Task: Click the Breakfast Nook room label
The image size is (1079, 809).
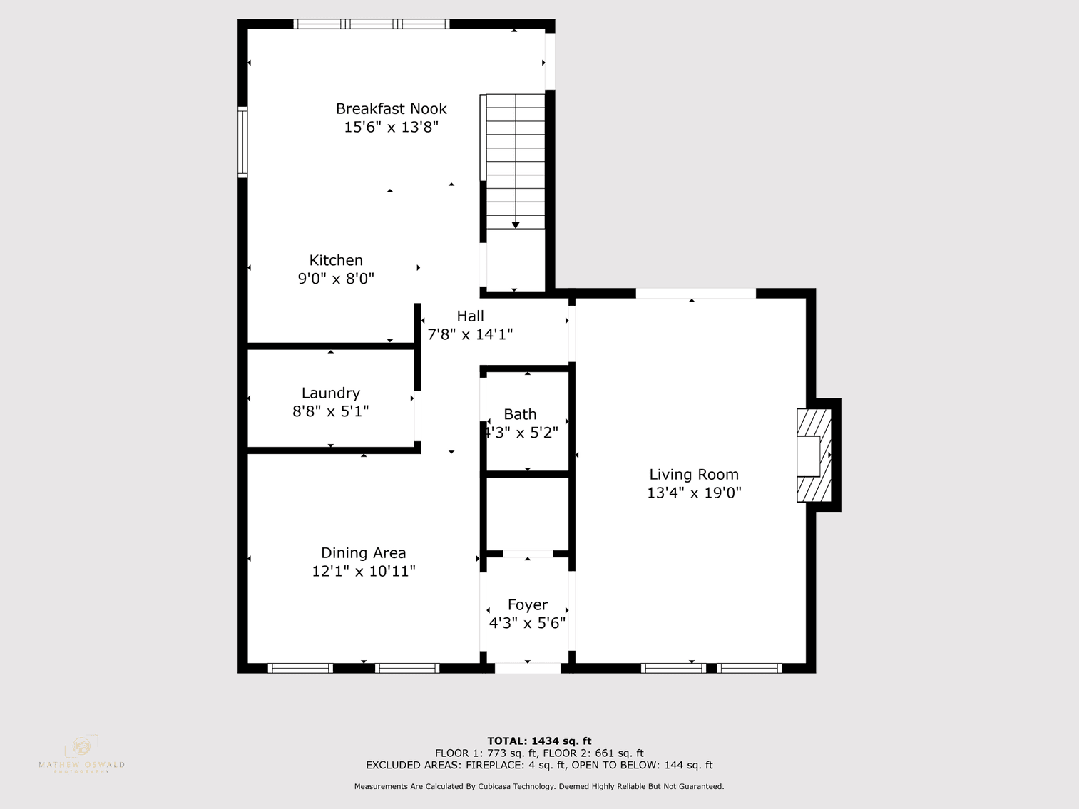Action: coord(391,109)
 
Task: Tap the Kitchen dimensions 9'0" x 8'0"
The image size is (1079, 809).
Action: coord(336,279)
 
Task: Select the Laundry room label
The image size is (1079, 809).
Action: coord(330,393)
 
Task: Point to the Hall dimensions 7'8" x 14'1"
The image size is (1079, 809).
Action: coord(470,334)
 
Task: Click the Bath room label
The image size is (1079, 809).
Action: coord(520,414)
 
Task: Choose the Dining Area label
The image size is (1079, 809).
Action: coord(363,552)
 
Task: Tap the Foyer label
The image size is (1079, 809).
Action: coord(527,604)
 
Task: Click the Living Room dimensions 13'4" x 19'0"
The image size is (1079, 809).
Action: coord(694,493)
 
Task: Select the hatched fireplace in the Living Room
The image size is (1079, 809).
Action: coord(814,455)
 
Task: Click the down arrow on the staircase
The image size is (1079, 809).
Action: coord(516,225)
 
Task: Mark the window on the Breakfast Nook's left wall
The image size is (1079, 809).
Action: coord(242,141)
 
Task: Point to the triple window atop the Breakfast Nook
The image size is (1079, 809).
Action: coord(371,24)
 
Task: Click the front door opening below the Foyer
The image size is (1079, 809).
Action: coord(528,668)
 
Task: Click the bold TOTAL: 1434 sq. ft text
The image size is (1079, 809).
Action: coord(539,741)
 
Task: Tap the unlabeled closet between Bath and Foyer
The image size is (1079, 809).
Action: coord(528,513)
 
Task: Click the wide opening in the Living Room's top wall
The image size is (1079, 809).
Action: coord(695,293)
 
